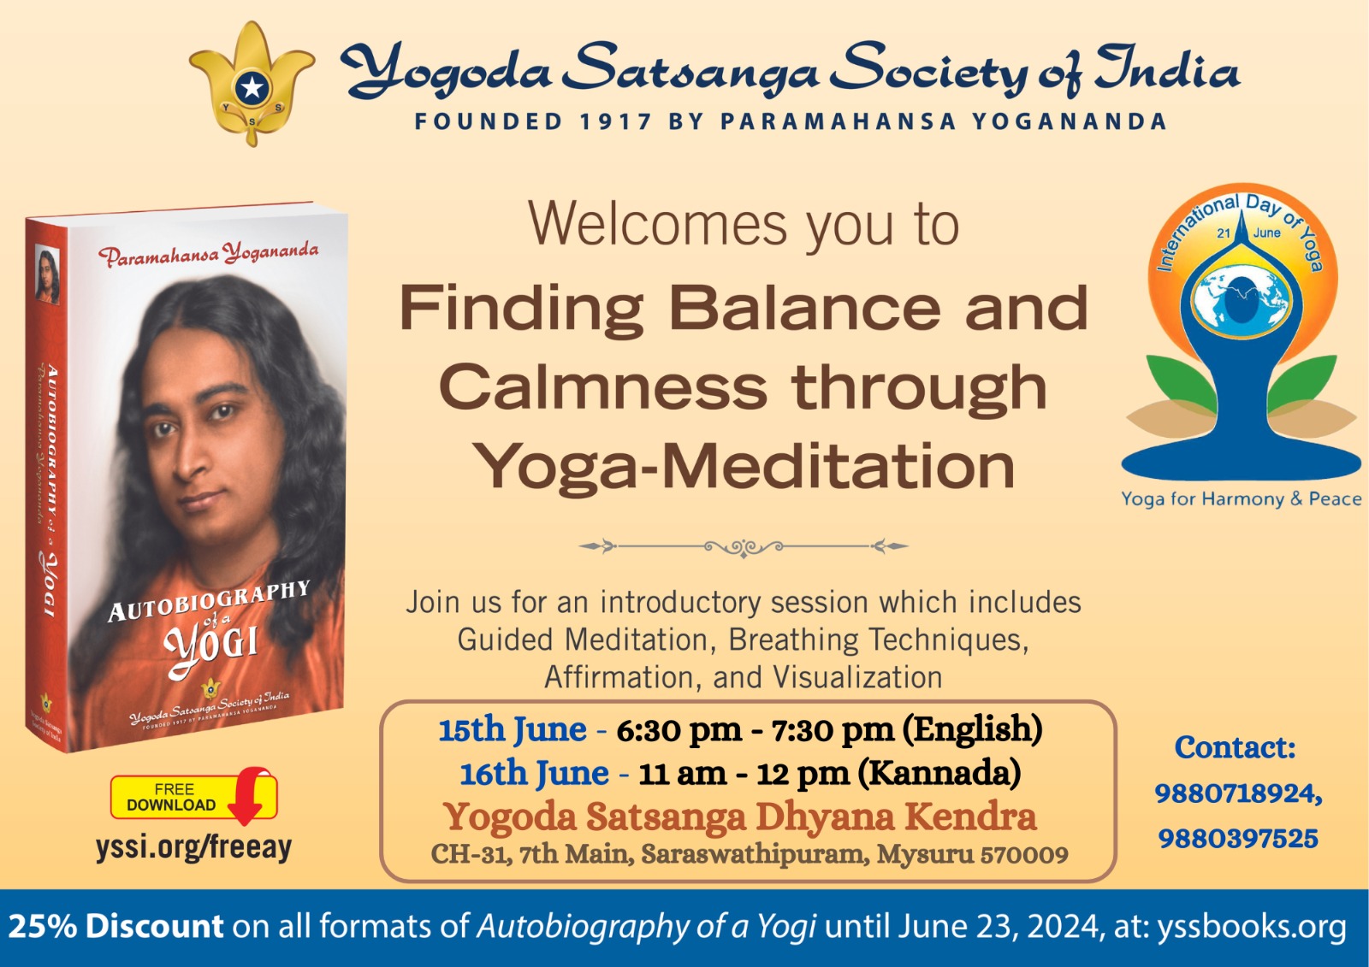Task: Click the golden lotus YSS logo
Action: (252, 83)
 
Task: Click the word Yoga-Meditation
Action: (744, 468)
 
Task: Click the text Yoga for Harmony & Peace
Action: (1242, 499)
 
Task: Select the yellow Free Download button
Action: (193, 797)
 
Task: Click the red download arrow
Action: (248, 796)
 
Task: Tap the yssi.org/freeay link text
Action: (193, 847)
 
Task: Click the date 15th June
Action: (513, 729)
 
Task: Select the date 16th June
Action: (534, 774)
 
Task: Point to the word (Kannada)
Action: (939, 774)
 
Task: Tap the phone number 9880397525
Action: (1238, 839)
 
